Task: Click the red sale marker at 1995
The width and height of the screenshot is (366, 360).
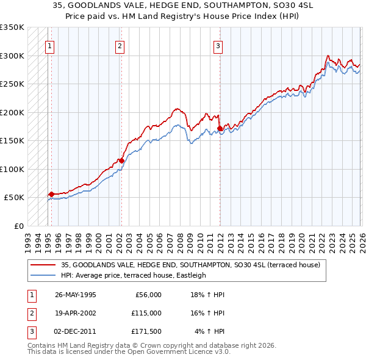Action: pyautogui.click(x=51, y=194)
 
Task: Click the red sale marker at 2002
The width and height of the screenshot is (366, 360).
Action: pyautogui.click(x=121, y=160)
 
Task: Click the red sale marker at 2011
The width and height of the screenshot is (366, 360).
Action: pyautogui.click(x=220, y=129)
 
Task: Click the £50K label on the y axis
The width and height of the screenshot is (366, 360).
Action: pyautogui.click(x=14, y=198)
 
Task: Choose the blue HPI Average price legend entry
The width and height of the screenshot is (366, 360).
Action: pyautogui.click(x=134, y=275)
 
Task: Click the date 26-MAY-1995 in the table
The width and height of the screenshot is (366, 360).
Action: pyautogui.click(x=76, y=295)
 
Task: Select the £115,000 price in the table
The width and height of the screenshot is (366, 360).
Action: pyautogui.click(x=146, y=313)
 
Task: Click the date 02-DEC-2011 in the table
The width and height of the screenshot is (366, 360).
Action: pyautogui.click(x=76, y=331)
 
